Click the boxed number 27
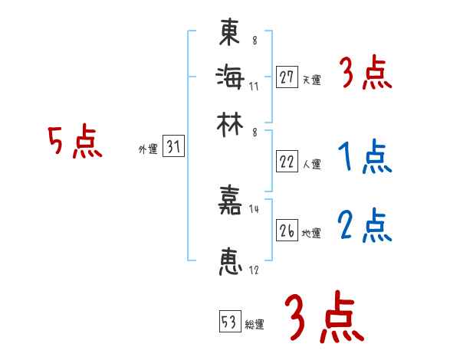click(x=287, y=77)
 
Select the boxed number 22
click(x=287, y=161)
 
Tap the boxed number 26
click(x=287, y=231)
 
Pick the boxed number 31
click(x=173, y=148)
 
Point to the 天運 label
click(x=311, y=80)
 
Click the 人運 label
click(x=311, y=163)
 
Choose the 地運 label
click(x=311, y=233)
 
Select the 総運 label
click(x=255, y=324)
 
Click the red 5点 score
click(x=75, y=142)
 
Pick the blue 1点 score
click(x=365, y=157)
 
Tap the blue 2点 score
click(x=365, y=225)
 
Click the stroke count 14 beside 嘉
click(x=255, y=209)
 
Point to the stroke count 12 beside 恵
click(x=255, y=270)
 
